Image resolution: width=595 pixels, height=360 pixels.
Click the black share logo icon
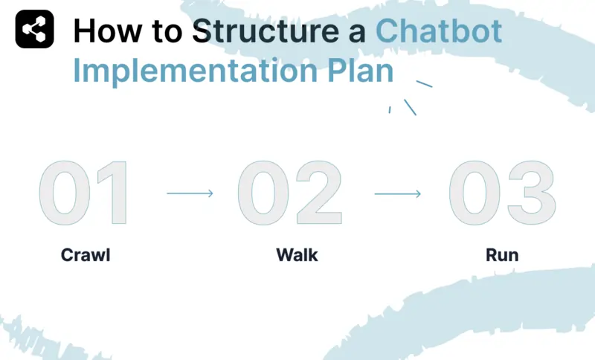(34, 30)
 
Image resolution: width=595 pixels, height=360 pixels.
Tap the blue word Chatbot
(438, 31)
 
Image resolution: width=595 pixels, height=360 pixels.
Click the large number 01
(84, 193)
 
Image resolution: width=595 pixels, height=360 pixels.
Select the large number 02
(290, 193)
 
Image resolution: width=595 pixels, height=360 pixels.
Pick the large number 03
(501, 193)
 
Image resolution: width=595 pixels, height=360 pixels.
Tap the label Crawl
(85, 255)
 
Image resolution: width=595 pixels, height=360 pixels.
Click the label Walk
(297, 255)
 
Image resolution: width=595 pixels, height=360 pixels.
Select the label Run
(502, 255)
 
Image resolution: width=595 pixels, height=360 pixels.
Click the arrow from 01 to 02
(190, 193)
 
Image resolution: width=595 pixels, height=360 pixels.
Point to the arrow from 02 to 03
(398, 193)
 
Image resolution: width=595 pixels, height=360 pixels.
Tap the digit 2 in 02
(318, 193)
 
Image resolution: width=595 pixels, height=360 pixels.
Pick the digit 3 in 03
(530, 193)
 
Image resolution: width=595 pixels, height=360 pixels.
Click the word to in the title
(161, 31)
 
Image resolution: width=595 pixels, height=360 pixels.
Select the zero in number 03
(475, 193)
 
